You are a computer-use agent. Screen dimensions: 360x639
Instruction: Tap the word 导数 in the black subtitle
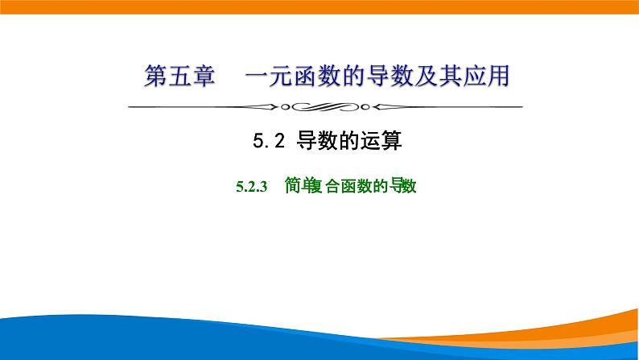pyautogui.click(x=317, y=142)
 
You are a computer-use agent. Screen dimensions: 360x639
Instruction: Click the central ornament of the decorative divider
pyautogui.click(x=319, y=106)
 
